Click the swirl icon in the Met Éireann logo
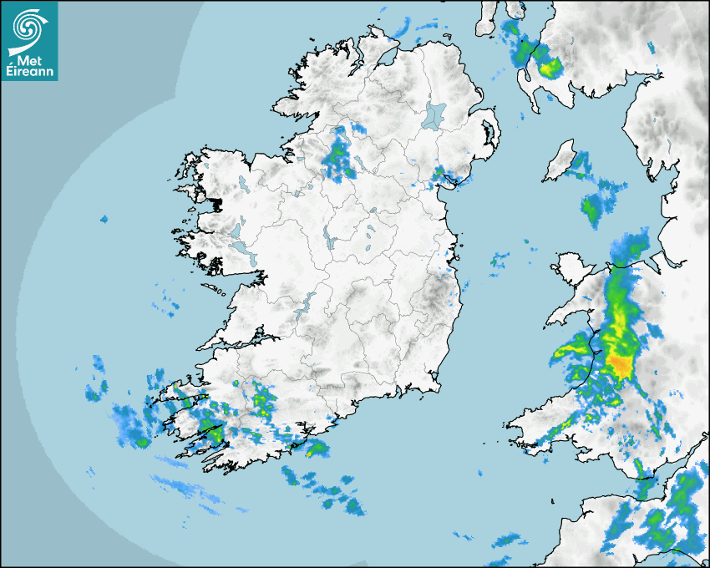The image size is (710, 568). pyautogui.click(x=28, y=26)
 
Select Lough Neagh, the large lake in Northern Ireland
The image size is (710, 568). pyautogui.click(x=435, y=114)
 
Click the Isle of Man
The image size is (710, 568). pyautogui.click(x=559, y=161)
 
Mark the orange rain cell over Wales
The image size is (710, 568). pyautogui.click(x=621, y=364)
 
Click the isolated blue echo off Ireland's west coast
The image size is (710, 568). pyautogui.click(x=104, y=219)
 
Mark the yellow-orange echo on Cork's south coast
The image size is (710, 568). pyautogui.click(x=315, y=450)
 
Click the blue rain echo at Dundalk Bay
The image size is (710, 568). pyautogui.click(x=442, y=175)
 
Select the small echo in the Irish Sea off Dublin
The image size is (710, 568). pyautogui.click(x=499, y=260)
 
